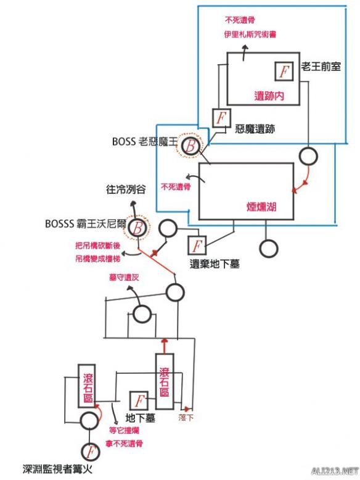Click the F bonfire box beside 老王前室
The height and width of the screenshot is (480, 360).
click(283, 72)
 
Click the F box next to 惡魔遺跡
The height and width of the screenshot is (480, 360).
click(221, 117)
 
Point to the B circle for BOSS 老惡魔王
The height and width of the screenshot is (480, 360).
click(192, 146)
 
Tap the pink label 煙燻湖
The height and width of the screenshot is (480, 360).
click(261, 207)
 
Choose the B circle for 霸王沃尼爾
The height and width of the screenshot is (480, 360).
click(139, 228)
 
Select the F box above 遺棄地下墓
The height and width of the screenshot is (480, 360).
click(197, 246)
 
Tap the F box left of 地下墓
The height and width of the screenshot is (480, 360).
click(139, 401)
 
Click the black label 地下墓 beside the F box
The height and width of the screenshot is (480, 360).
click(139, 417)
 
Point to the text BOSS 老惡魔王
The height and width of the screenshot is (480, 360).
click(144, 141)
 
